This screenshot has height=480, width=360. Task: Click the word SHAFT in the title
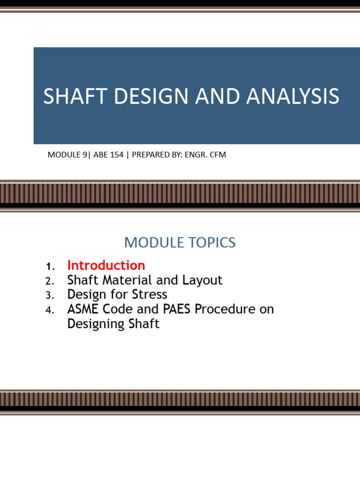point(75,96)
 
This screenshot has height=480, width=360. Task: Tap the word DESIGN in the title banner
point(151,96)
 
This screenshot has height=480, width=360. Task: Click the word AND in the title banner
point(217,96)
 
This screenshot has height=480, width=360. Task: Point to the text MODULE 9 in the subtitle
point(67,155)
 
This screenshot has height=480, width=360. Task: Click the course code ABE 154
point(108,155)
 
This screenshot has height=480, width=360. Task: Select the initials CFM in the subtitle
point(217,155)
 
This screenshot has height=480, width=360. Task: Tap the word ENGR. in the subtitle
point(196,155)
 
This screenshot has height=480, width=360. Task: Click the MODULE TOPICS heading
point(180,242)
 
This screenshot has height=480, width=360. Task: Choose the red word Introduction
point(106,265)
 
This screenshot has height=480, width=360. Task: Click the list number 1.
point(50,266)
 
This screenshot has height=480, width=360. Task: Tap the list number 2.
point(50,281)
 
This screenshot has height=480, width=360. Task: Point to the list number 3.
point(50,295)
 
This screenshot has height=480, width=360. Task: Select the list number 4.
point(50,310)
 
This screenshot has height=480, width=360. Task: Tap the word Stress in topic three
point(150,294)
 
